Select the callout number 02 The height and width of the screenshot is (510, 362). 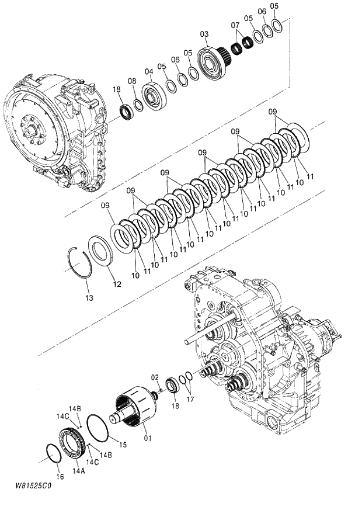(x=155, y=377)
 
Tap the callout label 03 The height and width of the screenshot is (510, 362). (x=204, y=34)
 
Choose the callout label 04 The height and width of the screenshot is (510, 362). (x=149, y=71)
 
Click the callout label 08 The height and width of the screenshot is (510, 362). (x=132, y=81)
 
